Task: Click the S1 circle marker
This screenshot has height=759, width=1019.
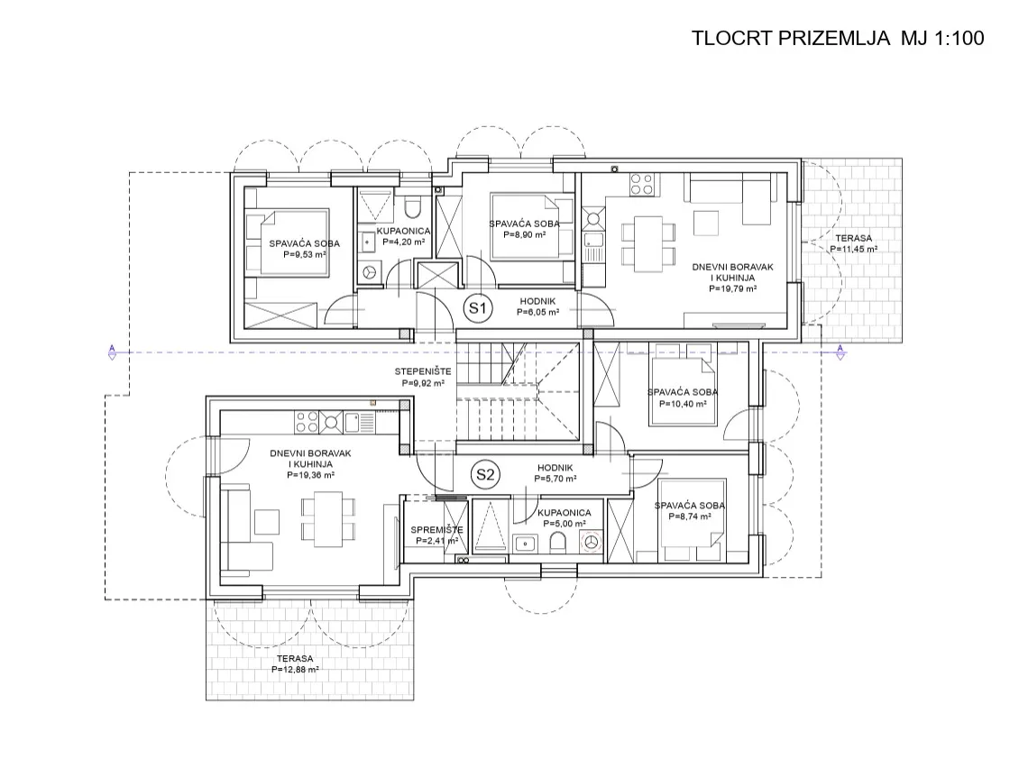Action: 478,308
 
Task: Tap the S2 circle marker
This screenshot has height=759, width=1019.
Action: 485,474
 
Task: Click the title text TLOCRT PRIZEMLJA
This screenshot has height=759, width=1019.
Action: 790,38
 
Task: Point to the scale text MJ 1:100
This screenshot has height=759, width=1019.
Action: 942,38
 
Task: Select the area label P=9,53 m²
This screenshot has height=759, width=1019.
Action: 304,255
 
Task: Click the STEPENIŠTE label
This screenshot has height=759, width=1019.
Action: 422,371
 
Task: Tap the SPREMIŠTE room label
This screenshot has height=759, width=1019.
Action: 436,530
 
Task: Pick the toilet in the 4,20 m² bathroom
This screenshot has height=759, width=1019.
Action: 412,207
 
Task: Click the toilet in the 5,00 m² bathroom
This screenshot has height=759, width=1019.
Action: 557,542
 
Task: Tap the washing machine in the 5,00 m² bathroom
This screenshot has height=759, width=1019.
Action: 591,542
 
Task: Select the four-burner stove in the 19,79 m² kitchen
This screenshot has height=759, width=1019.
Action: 641,184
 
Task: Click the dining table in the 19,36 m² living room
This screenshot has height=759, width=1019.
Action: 327,518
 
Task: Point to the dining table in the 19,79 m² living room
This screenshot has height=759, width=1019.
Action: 648,243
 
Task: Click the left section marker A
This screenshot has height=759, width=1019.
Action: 112,352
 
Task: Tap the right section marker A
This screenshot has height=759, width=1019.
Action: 840,352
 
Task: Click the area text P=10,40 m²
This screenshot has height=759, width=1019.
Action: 683,404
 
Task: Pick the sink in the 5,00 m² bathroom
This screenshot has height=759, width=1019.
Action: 524,543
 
